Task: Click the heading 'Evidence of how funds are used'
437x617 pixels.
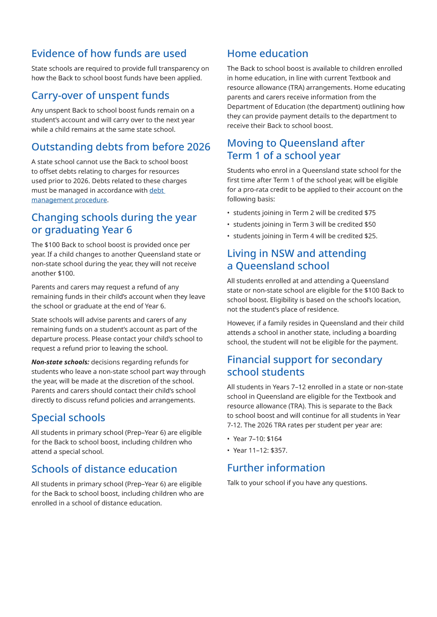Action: click(109, 53)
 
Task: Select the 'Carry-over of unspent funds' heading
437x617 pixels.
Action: click(100, 96)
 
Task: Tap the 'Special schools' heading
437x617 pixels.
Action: click(68, 418)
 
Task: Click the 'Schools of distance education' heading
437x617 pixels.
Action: click(104, 469)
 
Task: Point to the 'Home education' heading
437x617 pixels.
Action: click(267, 53)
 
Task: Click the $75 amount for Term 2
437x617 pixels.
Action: click(370, 213)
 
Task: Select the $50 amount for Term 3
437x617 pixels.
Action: click(370, 225)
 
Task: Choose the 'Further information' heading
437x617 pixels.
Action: click(276, 468)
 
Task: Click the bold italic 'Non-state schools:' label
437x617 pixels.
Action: click(60, 362)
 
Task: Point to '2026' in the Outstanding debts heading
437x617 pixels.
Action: click(199, 147)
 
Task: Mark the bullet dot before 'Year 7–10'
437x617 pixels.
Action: click(228, 439)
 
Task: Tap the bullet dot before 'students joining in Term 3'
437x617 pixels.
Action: click(228, 225)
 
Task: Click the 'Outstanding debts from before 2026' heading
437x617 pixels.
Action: click(121, 147)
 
